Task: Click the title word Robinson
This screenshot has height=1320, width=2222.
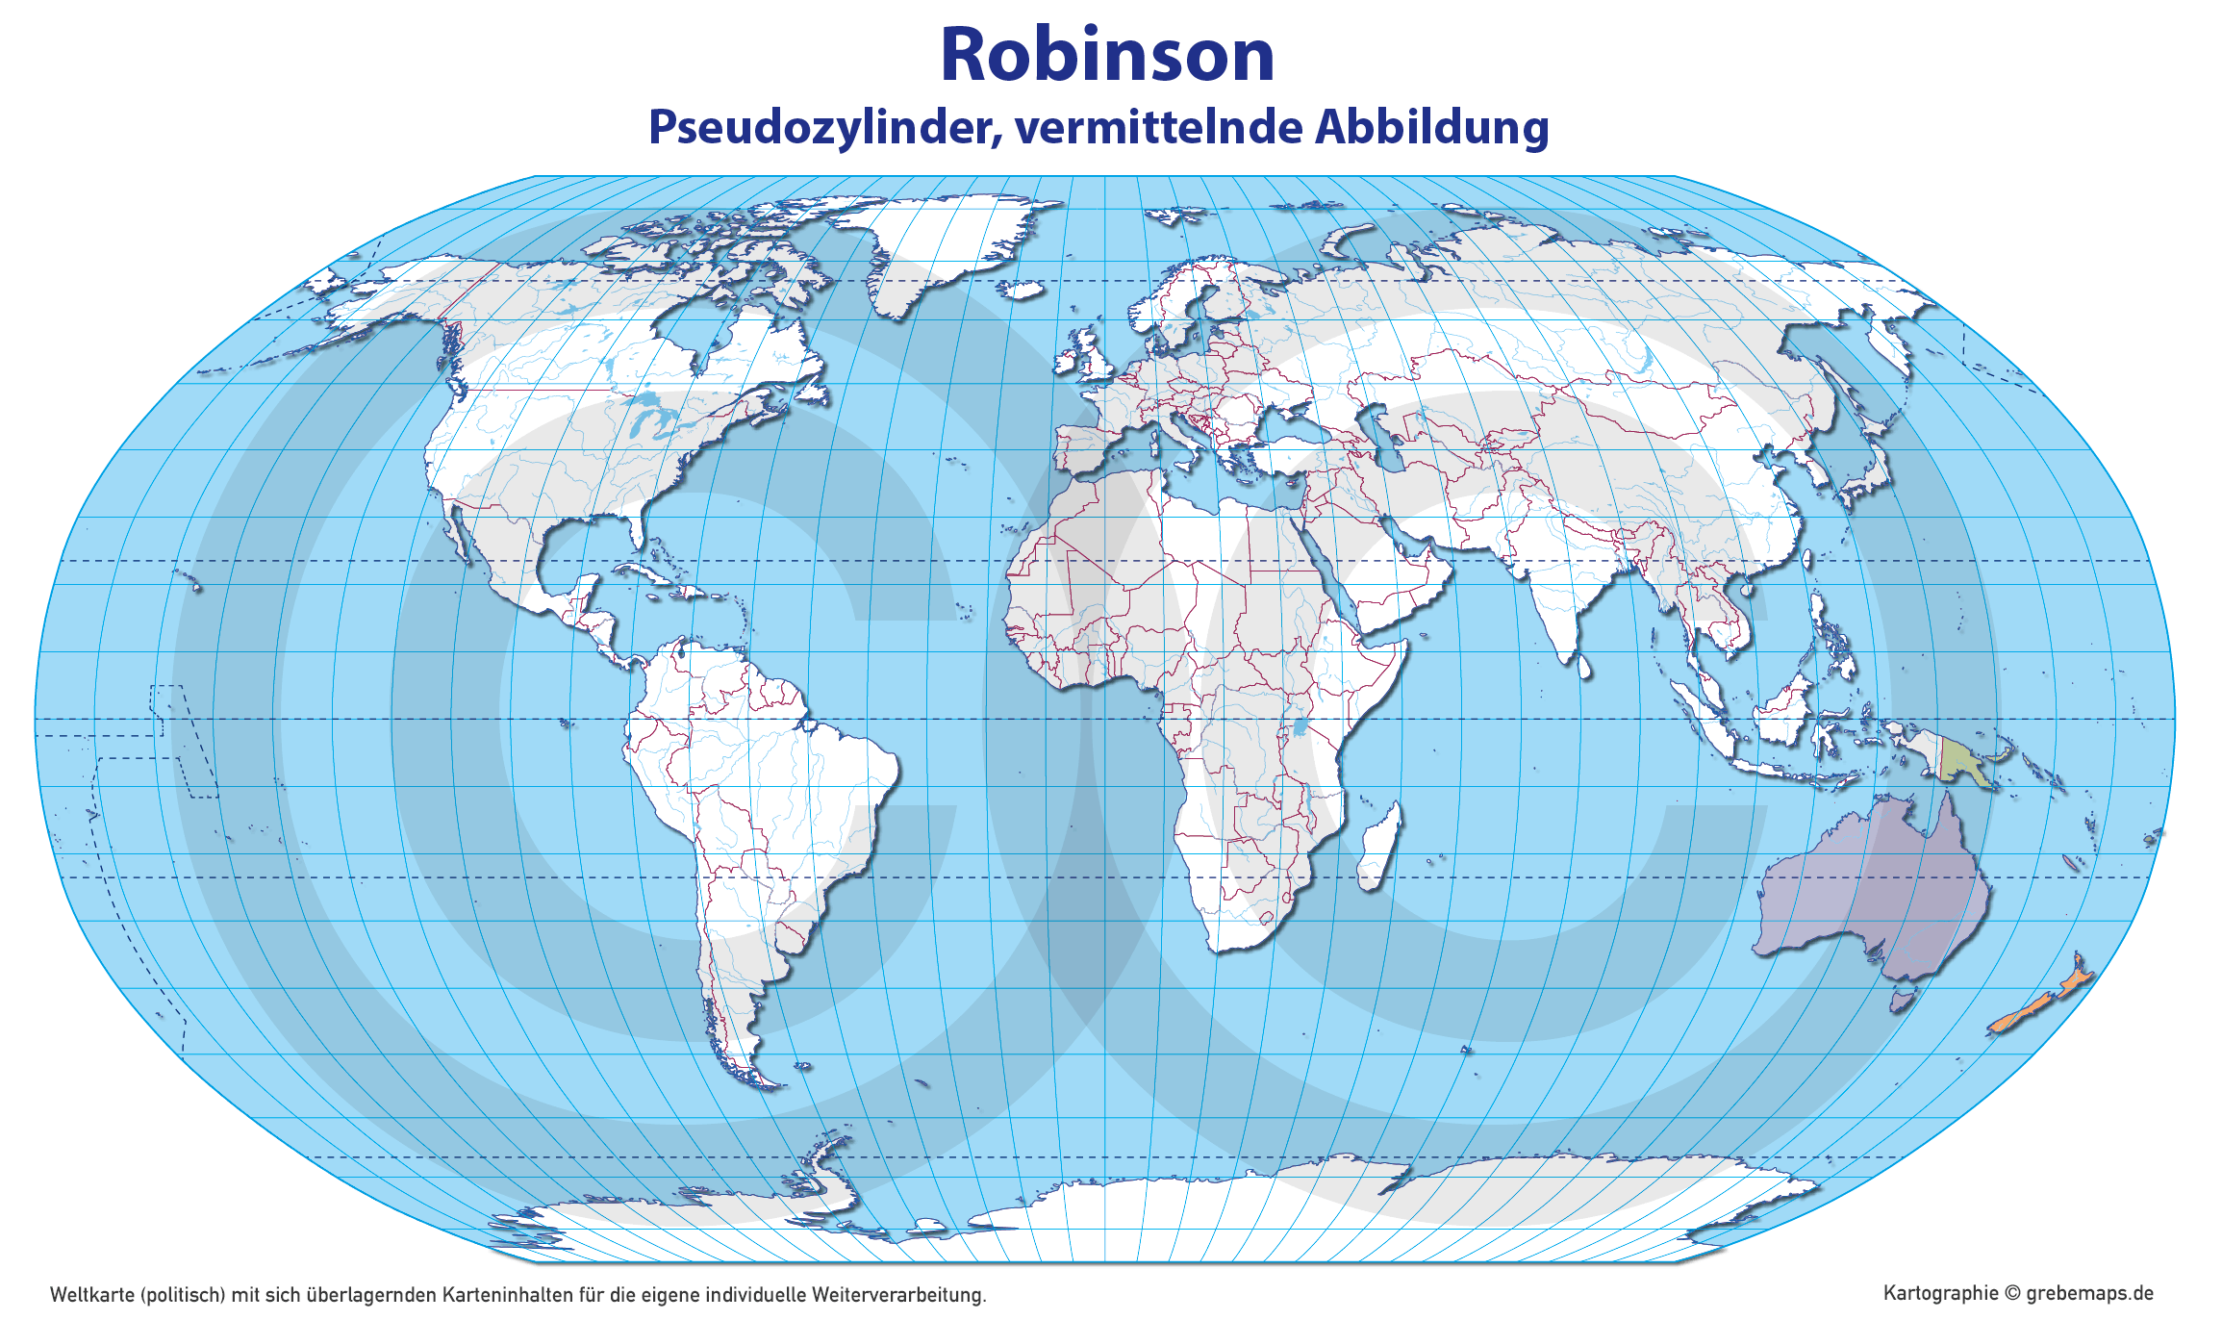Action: tap(1107, 55)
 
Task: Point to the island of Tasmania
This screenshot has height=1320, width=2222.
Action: tap(1900, 1002)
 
